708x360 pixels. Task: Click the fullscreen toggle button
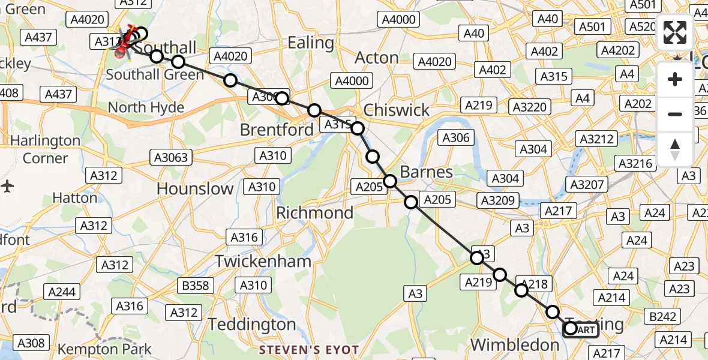(675, 32)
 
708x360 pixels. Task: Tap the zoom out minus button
(675, 114)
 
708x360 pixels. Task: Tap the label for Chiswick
(397, 110)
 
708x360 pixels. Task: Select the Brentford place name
(277, 130)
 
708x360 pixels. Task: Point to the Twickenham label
(263, 261)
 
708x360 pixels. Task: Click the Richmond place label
(314, 213)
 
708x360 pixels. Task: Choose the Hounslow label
(195, 188)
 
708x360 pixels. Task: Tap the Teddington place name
(252, 324)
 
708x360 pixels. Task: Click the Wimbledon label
(515, 344)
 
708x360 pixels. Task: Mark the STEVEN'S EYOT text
(309, 350)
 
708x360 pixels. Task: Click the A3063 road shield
(170, 158)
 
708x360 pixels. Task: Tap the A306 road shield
(456, 137)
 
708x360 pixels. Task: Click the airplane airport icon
(7, 185)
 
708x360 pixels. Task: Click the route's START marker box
(580, 329)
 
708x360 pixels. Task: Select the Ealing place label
(311, 43)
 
